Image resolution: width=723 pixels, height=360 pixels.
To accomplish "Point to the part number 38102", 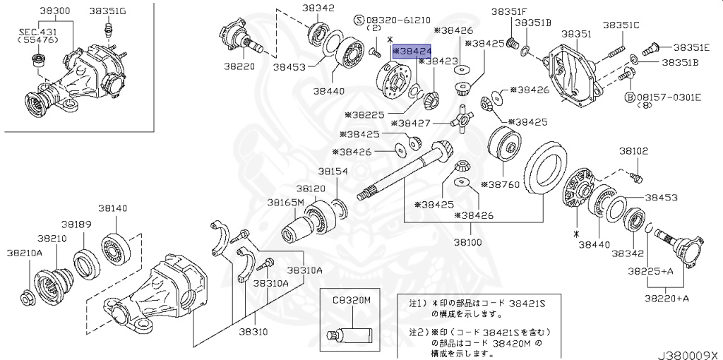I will [633, 151].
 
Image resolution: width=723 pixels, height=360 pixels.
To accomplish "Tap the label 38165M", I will [285, 202].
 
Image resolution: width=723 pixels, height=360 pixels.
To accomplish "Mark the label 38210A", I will [25, 252].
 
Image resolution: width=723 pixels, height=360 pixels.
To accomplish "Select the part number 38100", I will [471, 241].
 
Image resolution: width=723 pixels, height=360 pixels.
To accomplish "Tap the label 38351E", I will [690, 47].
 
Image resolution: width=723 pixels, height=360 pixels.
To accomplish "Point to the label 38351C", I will [621, 25].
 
